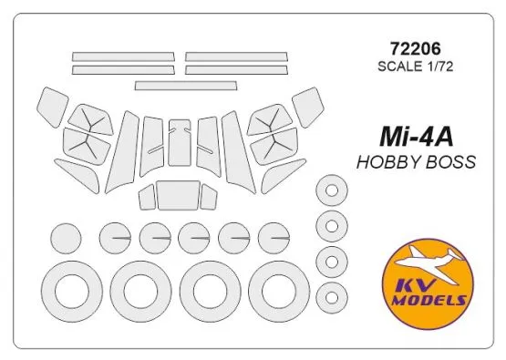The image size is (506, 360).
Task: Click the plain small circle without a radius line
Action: click(x=67, y=240)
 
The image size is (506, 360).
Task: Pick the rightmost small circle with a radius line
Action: click(x=273, y=239)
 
